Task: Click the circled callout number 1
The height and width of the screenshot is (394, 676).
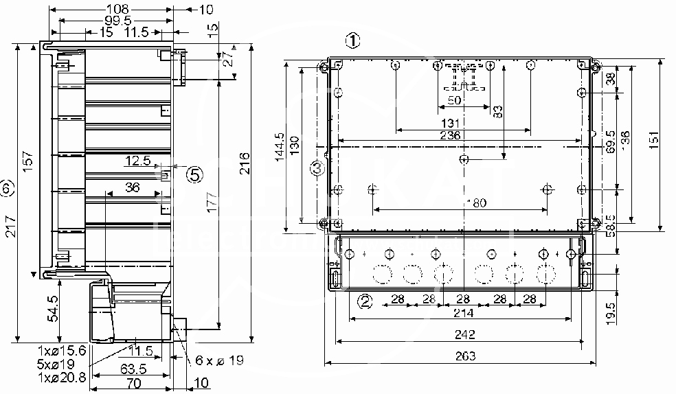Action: [x=352, y=40]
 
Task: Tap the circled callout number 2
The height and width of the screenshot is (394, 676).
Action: [x=365, y=301]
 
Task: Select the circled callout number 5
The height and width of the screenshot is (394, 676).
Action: [x=195, y=174]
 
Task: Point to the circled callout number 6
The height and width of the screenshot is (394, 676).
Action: [x=6, y=187]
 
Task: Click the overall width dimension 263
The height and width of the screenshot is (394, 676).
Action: [x=464, y=356]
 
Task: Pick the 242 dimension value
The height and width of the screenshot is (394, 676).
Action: [x=464, y=334]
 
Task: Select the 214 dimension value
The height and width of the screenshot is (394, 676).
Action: [x=464, y=314]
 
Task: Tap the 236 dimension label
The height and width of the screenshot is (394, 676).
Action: [x=450, y=136]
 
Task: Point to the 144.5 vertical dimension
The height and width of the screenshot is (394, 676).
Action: [x=279, y=146]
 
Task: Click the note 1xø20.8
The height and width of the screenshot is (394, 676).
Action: [x=62, y=376]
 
